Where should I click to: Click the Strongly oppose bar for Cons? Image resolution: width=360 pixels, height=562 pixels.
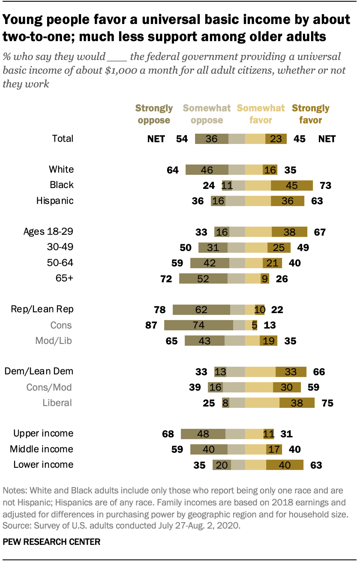tap(198, 325)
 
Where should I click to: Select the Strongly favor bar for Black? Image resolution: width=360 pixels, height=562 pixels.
tap(291, 185)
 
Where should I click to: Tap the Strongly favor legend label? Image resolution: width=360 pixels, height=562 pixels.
tap(310, 114)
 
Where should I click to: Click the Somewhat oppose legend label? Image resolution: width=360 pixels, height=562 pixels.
tap(207, 114)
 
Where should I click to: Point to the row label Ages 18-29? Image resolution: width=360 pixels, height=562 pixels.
tap(48, 232)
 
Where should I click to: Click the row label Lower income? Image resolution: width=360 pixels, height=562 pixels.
tap(43, 464)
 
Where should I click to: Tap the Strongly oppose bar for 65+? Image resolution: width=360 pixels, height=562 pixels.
tap(203, 279)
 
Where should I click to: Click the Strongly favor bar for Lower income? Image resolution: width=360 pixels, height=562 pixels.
tap(285, 465)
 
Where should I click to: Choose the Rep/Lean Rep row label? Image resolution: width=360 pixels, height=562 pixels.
tap(39, 309)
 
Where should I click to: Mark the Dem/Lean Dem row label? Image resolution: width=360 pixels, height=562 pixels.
tap(39, 371)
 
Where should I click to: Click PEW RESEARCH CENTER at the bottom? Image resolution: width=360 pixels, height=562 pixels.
tap(51, 542)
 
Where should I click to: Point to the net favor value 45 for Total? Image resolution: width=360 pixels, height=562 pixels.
tap(300, 139)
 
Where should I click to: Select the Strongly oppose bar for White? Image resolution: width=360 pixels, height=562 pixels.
tap(207, 170)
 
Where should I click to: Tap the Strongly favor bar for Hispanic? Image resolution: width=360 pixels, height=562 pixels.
tap(287, 201)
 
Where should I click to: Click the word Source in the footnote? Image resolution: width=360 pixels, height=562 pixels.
tap(14, 523)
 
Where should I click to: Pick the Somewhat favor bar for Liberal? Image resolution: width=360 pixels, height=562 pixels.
tap(262, 403)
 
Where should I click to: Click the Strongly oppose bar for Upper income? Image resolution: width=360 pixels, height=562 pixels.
tap(203, 433)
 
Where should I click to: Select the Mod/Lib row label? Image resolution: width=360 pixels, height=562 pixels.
tap(53, 341)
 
